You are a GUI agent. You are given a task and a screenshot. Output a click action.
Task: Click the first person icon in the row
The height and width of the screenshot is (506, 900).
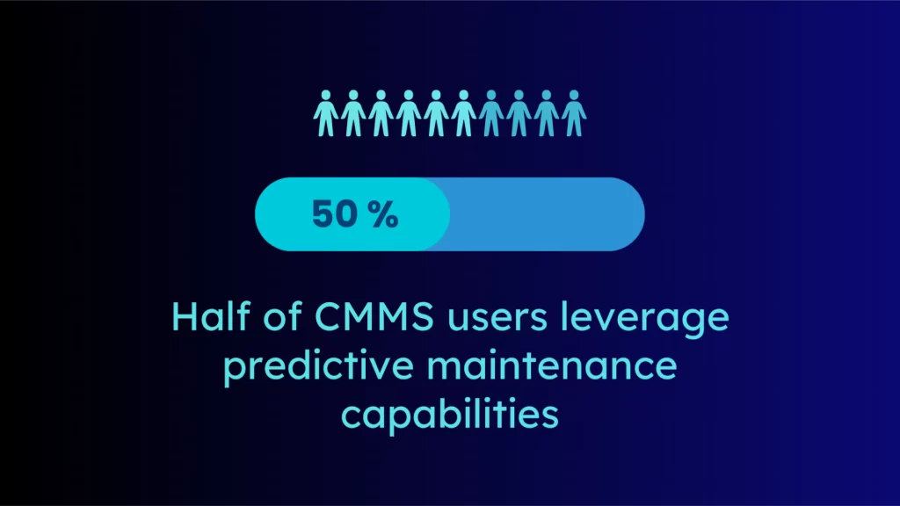pos(325,113)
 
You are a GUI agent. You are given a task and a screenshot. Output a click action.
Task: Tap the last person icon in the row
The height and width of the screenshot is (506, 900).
pos(573,113)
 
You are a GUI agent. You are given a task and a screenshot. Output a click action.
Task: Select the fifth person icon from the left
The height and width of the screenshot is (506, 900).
pos(436,113)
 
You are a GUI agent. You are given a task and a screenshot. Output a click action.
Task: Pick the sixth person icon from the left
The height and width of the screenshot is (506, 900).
pos(463,113)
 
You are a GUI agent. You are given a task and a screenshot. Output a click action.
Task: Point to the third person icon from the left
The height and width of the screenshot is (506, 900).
pos(381,113)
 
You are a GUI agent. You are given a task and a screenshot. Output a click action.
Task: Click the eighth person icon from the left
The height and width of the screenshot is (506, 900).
pos(519,113)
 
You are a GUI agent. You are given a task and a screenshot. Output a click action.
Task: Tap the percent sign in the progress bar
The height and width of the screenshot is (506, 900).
pos(383,214)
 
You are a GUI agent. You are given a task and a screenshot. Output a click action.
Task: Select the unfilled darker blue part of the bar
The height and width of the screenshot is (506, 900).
pos(545,214)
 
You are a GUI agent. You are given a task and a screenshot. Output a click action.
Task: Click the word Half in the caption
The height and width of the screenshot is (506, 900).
pos(211,316)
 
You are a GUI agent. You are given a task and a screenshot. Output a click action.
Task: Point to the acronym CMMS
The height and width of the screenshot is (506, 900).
pos(374,316)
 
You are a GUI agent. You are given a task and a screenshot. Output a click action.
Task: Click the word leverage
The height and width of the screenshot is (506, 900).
pos(644,319)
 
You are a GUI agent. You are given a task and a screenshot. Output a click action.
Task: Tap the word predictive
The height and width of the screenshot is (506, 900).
pos(318,367)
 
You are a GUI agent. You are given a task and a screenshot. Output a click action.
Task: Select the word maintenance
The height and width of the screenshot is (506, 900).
pos(552,367)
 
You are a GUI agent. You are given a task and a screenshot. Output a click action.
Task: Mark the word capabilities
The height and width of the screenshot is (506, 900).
pos(450,415)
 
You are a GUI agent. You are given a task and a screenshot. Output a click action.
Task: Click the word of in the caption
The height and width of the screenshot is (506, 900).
pos(282,316)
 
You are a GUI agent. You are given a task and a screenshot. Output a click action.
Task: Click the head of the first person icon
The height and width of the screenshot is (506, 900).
pos(325,95)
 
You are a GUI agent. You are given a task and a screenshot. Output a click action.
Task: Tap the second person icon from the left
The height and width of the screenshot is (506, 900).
pos(353,113)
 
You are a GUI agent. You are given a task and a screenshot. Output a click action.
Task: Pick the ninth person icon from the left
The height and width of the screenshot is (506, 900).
pos(546,113)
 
